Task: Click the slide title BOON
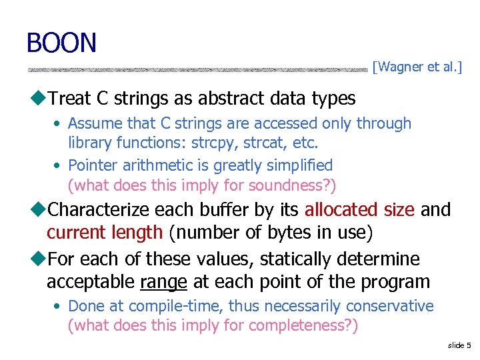pos(61,43)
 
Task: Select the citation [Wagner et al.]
pos(417,67)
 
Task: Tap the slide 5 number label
pos(459,345)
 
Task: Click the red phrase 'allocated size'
pos(360,210)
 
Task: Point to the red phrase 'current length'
pos(105,232)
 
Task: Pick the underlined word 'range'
pos(163,281)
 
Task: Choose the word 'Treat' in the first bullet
pos(70,99)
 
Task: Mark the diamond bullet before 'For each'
pos(41,259)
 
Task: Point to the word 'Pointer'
pos(92,165)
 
